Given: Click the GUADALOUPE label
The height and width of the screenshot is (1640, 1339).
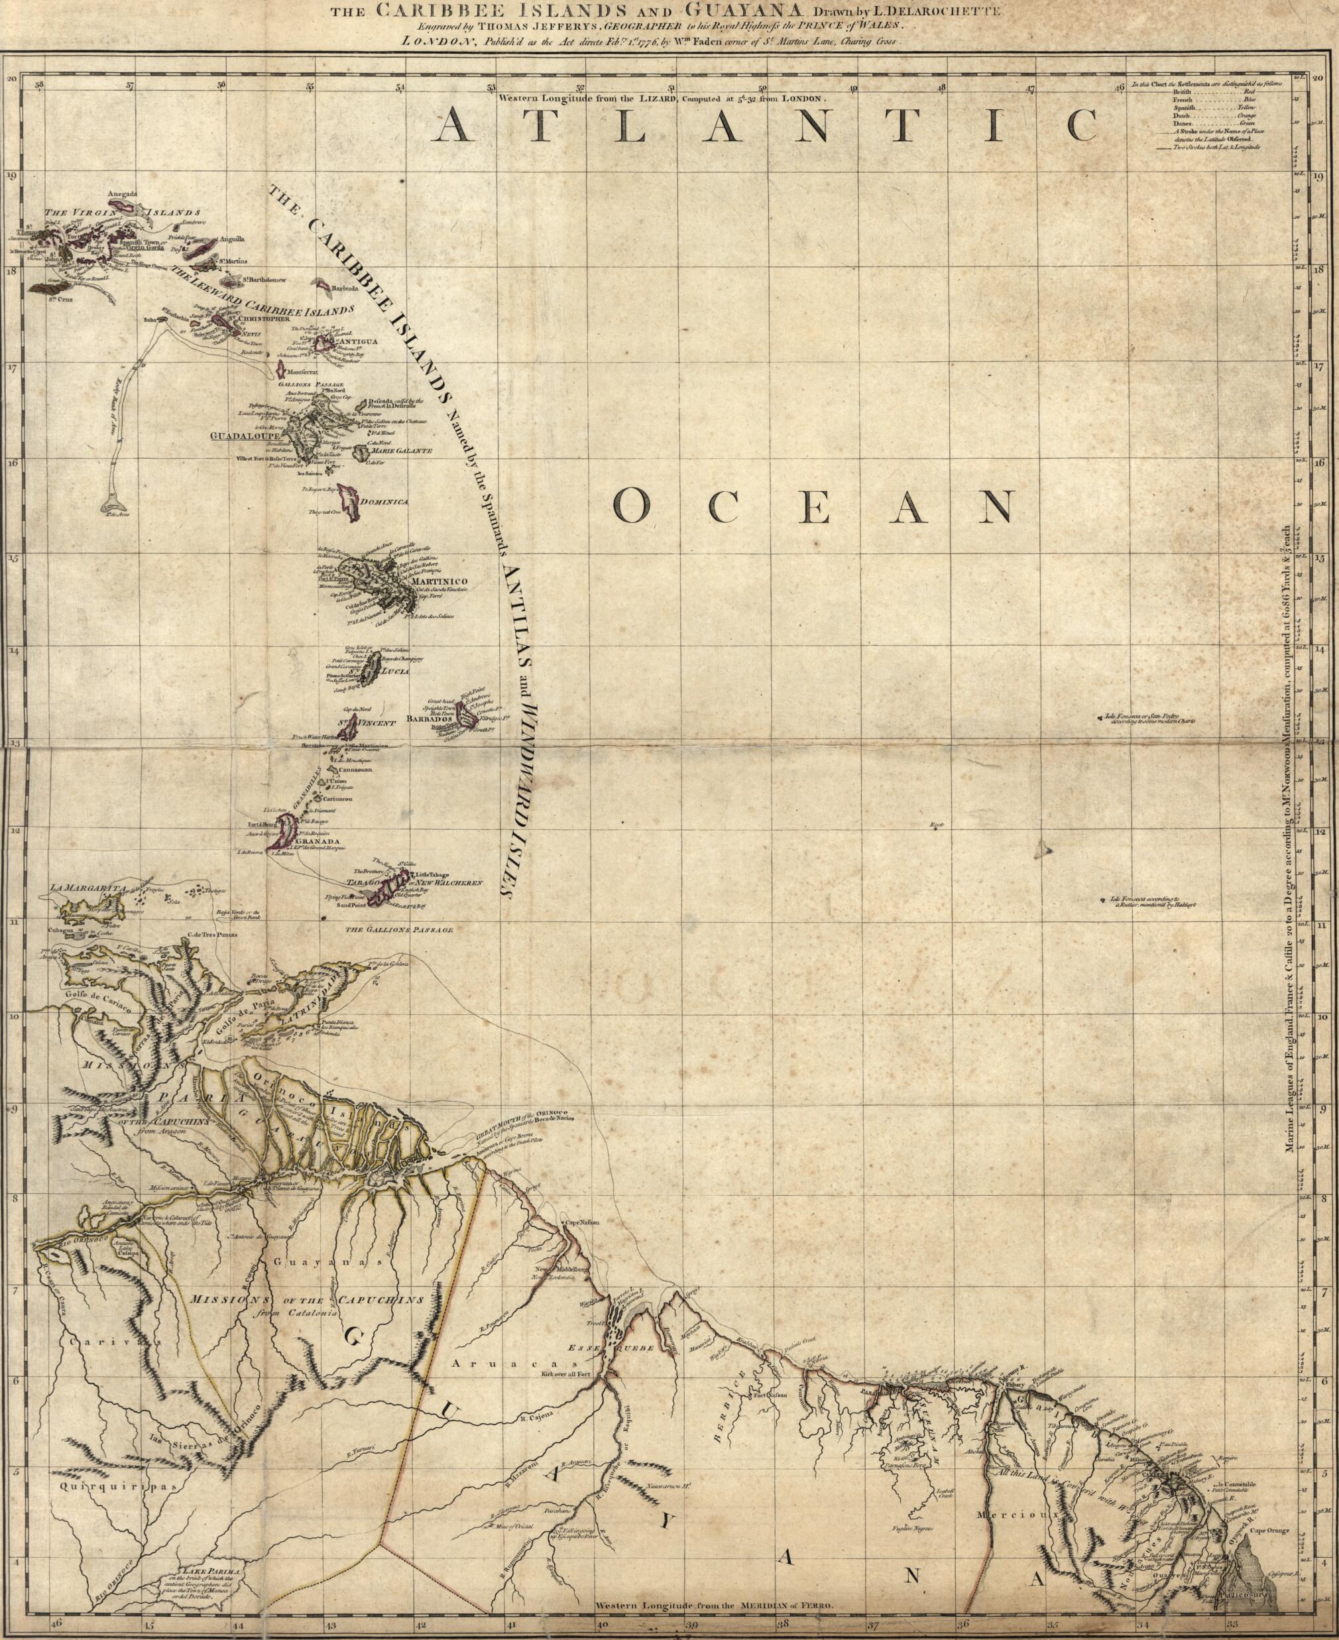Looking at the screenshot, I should coord(244,435).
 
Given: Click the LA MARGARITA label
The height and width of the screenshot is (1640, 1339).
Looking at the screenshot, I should coord(86,889).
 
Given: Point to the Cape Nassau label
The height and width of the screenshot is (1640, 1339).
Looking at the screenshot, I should coord(583,1222).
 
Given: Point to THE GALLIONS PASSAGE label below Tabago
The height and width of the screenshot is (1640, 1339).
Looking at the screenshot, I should coord(399,930).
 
